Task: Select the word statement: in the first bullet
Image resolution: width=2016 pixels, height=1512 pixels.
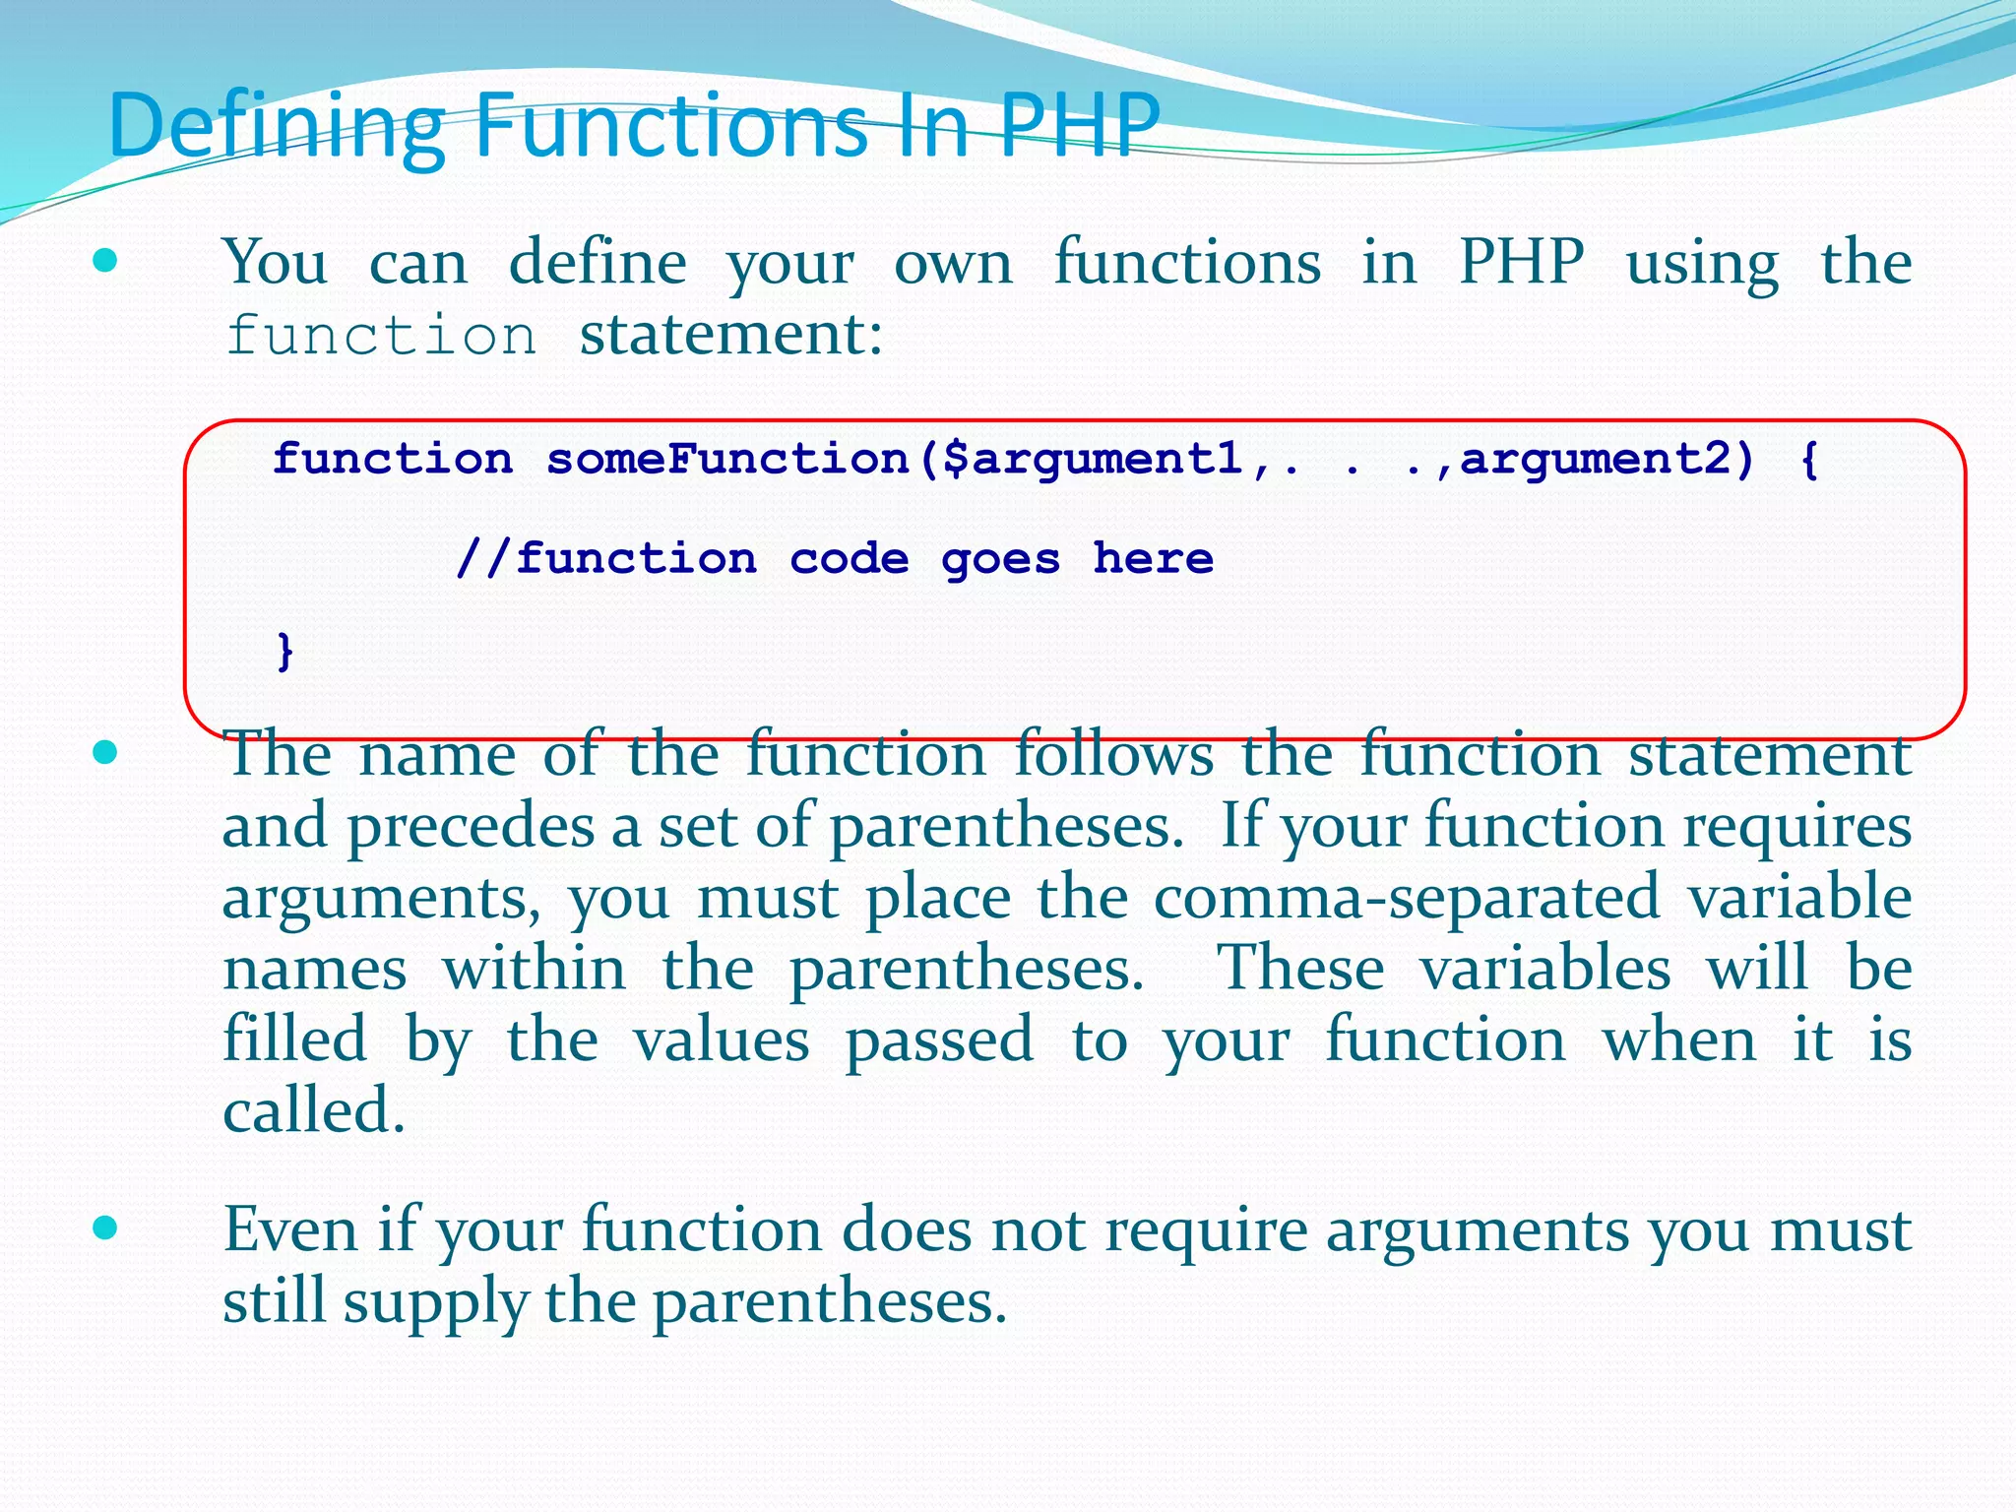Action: point(730,335)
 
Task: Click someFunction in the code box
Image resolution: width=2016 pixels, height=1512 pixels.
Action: point(727,459)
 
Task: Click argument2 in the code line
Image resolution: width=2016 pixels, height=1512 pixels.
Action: point(1594,459)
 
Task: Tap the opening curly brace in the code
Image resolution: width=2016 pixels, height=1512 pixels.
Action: point(1808,459)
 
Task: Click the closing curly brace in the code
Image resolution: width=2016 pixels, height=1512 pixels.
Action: point(285,651)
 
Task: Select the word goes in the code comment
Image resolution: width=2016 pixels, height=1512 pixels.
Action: point(1000,559)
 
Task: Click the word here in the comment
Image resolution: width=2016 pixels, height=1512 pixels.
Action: point(1153,558)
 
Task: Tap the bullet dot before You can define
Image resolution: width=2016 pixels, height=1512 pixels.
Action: point(104,262)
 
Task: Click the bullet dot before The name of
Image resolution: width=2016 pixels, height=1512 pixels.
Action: point(104,753)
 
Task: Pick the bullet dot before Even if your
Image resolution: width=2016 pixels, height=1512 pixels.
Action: point(104,1228)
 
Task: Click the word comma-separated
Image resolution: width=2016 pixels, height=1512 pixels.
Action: point(1407,897)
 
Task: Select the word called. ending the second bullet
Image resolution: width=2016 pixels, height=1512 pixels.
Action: point(314,1111)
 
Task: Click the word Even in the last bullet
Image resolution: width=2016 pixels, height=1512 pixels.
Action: point(290,1229)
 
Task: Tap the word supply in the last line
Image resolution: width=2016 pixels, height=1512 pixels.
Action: point(435,1302)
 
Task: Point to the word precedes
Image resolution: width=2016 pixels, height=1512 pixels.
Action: point(471,826)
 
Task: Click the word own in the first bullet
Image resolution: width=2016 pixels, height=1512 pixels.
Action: point(953,263)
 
